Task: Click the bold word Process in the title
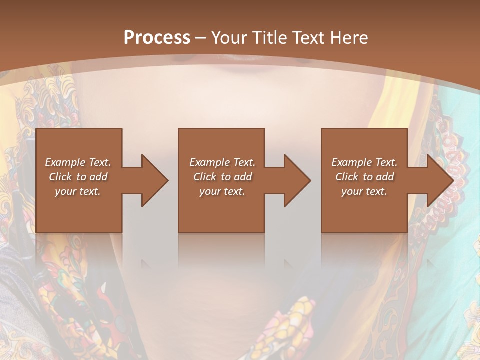pyautogui.click(x=157, y=38)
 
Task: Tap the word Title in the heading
pyautogui.click(x=269, y=38)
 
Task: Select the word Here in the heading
pyautogui.click(x=349, y=38)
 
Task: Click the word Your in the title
pyautogui.click(x=230, y=38)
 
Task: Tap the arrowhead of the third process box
pyautogui.click(x=439, y=180)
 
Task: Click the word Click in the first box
pyautogui.click(x=61, y=177)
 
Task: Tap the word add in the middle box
pyautogui.click(x=243, y=177)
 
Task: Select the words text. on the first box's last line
pyautogui.click(x=90, y=191)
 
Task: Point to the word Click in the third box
pyautogui.click(x=347, y=177)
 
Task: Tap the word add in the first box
pyautogui.click(x=98, y=177)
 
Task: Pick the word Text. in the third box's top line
pyautogui.click(x=386, y=162)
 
